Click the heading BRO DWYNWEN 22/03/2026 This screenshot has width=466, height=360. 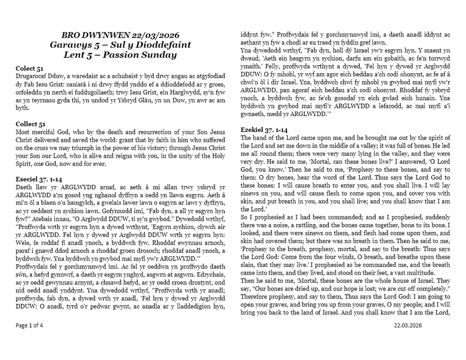(x=120, y=35)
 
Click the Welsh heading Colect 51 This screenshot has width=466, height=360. (x=30, y=69)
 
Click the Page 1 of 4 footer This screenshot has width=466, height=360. (x=30, y=325)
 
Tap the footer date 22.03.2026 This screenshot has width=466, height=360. (x=408, y=325)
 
